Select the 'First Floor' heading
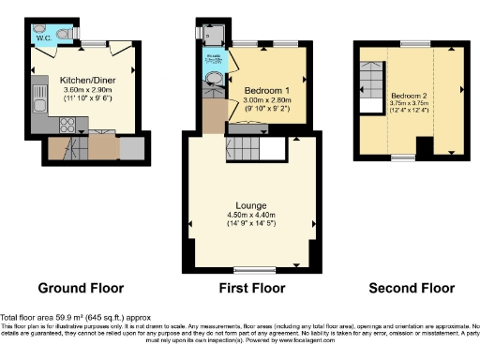252,288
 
